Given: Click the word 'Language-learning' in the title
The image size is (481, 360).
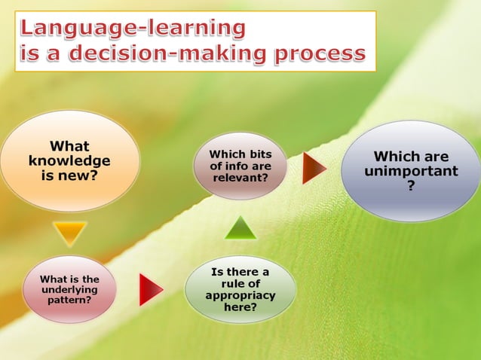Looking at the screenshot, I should (133, 29).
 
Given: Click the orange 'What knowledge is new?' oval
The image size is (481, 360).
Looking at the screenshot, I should (69, 161).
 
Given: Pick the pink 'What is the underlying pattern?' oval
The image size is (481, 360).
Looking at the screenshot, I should (69, 289).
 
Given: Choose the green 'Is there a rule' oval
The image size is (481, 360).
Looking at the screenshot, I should (240, 290).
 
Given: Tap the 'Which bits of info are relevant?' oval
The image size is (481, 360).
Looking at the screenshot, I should (240, 166).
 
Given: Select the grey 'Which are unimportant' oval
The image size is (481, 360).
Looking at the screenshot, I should (411, 171).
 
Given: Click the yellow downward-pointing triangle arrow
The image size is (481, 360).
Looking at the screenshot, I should (70, 232).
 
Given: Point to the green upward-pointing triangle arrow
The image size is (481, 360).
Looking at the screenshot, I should (240, 229).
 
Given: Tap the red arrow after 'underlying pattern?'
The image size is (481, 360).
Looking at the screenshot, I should (150, 289).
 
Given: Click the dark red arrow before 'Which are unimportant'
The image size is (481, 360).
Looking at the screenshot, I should (314, 169).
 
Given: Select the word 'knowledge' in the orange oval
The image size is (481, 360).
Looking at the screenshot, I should (69, 161).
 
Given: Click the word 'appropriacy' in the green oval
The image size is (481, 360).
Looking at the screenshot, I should (240, 295).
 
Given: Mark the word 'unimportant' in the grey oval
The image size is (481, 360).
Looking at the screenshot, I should (411, 171).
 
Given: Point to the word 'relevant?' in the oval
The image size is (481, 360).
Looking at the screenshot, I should (240, 178).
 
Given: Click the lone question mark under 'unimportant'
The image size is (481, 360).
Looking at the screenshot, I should (411, 185).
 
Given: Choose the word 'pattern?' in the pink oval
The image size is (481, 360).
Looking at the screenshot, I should (69, 299).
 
